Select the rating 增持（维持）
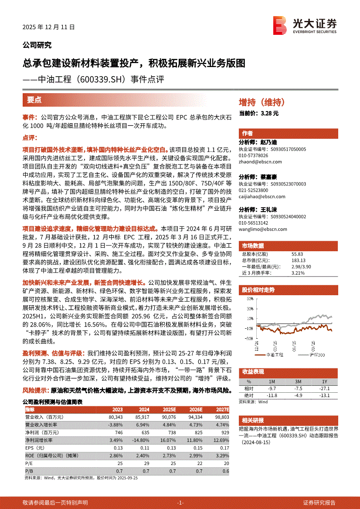point(262,103)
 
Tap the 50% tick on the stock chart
point(249,299)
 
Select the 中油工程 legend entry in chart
point(275,355)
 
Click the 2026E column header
point(196,410)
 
